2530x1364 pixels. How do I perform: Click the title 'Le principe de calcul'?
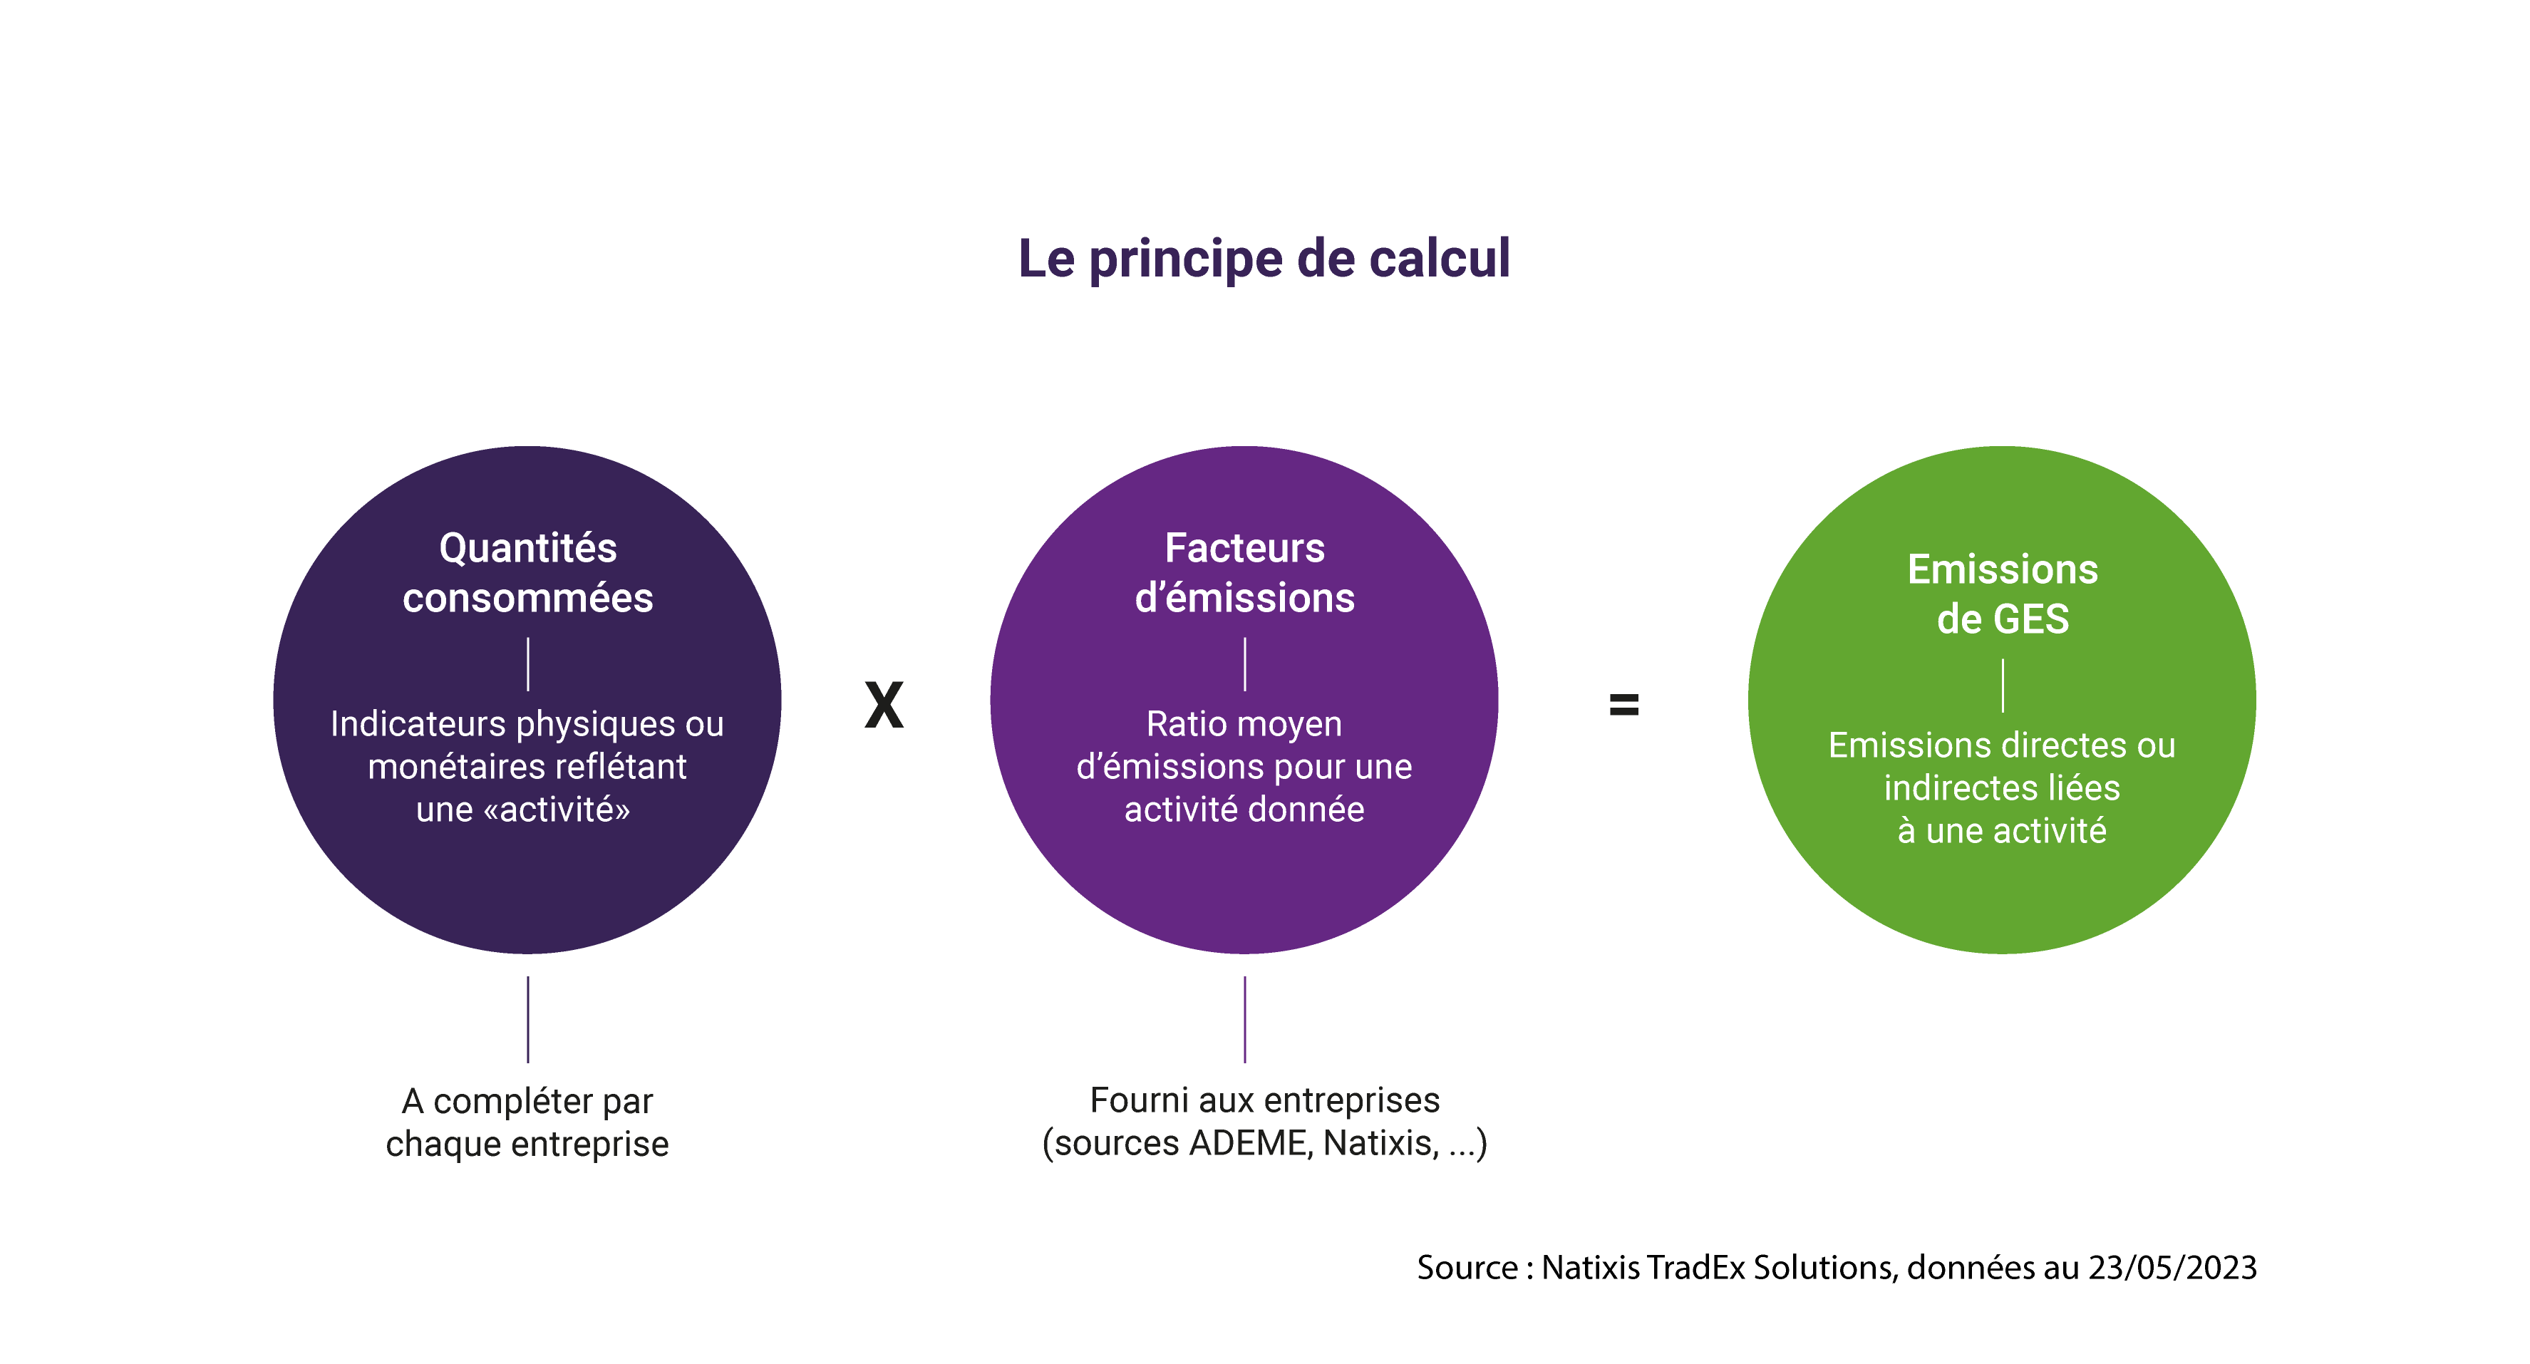click(1264, 260)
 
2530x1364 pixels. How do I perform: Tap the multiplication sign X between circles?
click(884, 705)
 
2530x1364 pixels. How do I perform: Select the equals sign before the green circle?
click(1624, 704)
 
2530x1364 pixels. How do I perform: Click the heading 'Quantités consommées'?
click(527, 572)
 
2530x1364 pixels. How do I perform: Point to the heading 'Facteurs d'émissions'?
click(1244, 572)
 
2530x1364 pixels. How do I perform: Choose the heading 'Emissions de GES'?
click(2003, 594)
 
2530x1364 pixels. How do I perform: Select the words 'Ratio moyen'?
click(1244, 725)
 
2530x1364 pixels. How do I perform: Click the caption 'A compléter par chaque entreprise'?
click(527, 1122)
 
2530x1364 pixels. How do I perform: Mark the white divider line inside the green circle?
click(2003, 686)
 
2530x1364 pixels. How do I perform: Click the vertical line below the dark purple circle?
click(527, 1019)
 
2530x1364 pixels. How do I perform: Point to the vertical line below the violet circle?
click(1244, 1019)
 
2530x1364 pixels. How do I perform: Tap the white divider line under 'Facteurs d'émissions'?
click(1244, 665)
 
